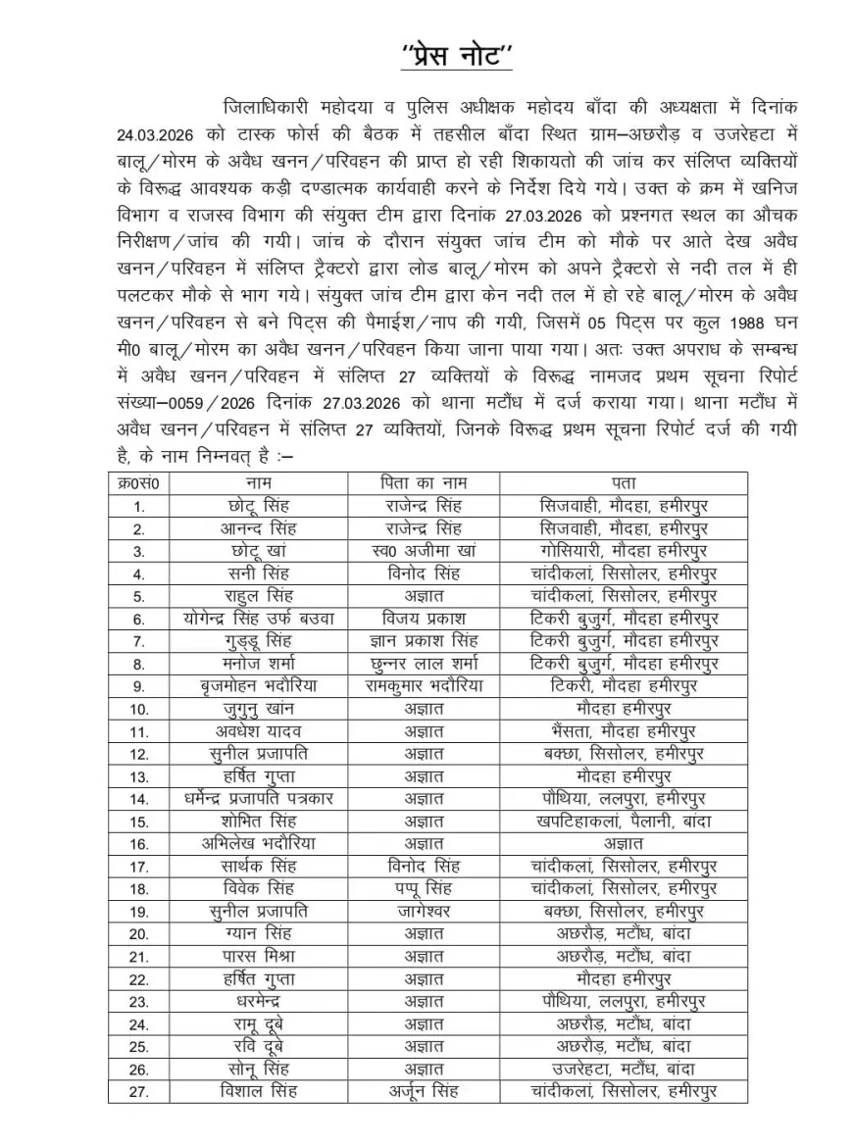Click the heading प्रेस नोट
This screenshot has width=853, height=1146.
point(456,55)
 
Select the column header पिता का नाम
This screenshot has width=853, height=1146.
point(424,483)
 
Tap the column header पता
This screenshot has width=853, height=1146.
point(623,483)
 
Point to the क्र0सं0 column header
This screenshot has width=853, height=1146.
point(138,483)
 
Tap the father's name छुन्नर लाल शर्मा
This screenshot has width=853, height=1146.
point(424,664)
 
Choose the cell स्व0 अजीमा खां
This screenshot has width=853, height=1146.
point(424,551)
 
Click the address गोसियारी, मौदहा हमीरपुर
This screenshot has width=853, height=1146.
point(623,551)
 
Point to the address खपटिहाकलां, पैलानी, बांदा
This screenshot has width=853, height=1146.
point(623,822)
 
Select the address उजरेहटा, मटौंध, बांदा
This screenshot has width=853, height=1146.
point(623,1070)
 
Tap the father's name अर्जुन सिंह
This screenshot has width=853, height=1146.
point(424,1091)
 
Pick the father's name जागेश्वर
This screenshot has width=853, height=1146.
point(424,911)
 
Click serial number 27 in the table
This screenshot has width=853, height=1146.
point(138,1091)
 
